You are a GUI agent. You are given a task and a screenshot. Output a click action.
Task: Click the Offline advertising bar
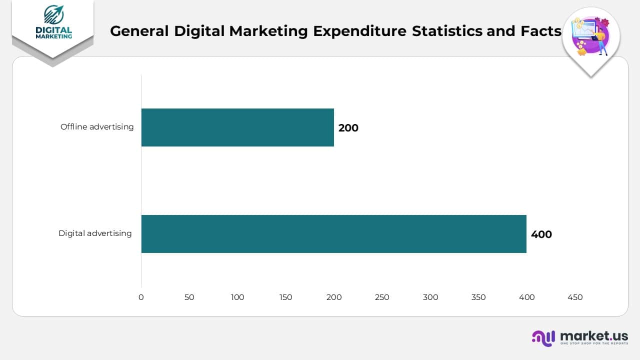click(x=237, y=127)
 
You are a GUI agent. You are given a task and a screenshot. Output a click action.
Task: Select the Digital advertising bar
click(x=333, y=234)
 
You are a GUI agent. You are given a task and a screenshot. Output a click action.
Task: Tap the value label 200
click(x=348, y=128)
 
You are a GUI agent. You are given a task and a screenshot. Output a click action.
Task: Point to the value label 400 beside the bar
click(x=541, y=234)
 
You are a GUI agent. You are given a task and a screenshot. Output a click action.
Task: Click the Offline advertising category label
click(x=97, y=127)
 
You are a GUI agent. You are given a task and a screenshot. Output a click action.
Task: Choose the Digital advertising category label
click(x=95, y=233)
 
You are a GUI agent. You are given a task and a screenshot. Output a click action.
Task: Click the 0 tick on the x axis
click(x=141, y=297)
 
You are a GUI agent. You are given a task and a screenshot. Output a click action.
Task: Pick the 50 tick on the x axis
click(x=189, y=297)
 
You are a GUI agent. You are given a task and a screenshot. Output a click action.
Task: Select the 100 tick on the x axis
click(x=237, y=297)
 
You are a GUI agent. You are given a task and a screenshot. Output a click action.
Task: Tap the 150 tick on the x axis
click(x=285, y=297)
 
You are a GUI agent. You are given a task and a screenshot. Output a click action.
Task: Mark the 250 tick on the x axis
click(x=382, y=297)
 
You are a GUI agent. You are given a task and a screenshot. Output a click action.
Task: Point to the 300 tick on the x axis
click(x=430, y=297)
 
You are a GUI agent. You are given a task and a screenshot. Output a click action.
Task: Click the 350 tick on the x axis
click(x=478, y=297)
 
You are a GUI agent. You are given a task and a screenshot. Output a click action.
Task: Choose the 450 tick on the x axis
click(x=575, y=297)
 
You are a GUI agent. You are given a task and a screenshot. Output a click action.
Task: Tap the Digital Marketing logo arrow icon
click(x=53, y=15)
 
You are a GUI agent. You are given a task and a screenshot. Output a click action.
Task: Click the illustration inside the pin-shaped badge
click(x=591, y=36)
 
